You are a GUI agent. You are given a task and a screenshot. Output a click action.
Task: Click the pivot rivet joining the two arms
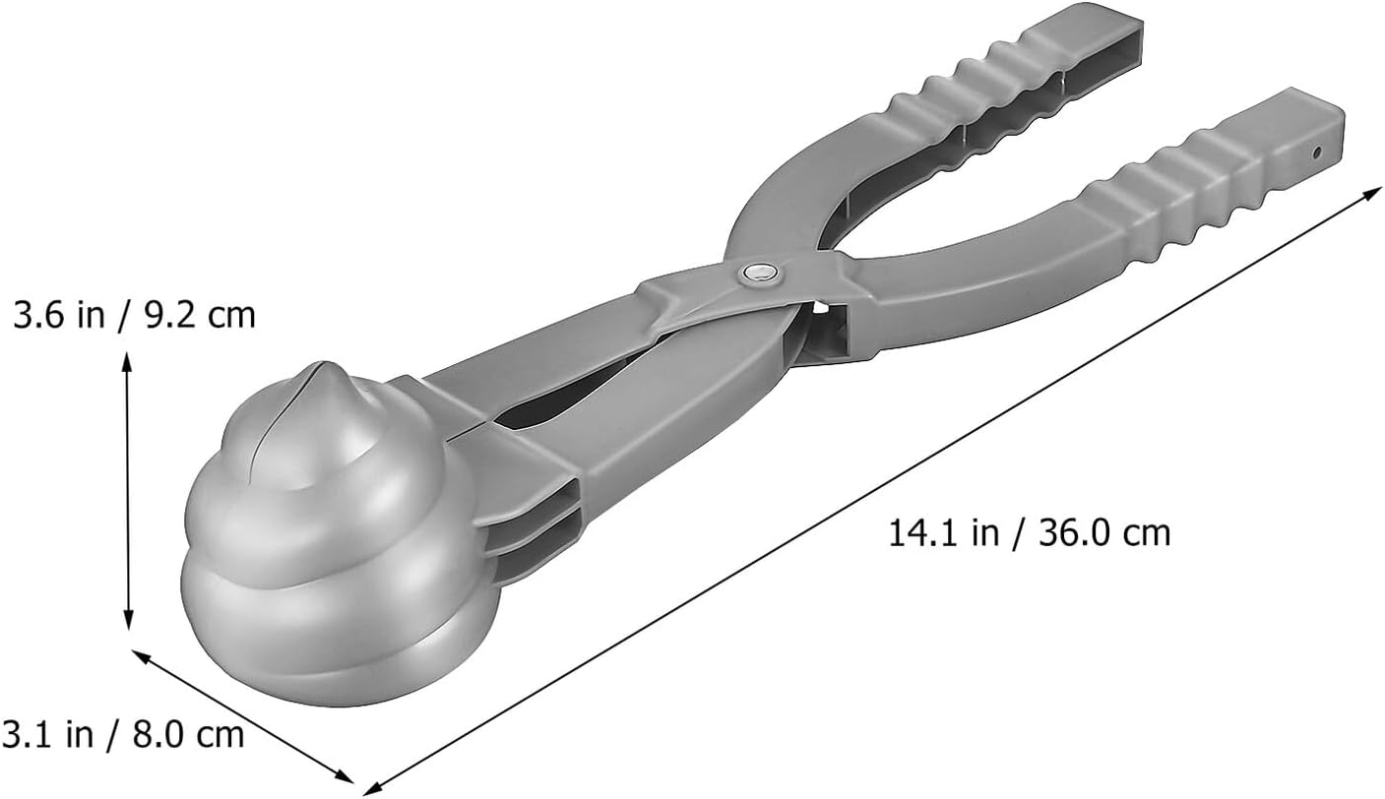coord(760,273)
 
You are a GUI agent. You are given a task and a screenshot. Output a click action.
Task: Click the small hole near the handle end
coord(1316,152)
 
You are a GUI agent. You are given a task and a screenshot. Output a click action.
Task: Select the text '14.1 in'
coord(943,532)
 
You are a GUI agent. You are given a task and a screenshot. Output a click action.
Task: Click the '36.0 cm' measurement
coord(1104,532)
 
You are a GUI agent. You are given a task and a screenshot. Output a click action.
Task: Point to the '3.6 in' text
coord(59,315)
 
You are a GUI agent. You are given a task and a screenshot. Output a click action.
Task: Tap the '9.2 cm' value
coord(200,315)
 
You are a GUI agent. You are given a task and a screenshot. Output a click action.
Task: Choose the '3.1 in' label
coord(47,734)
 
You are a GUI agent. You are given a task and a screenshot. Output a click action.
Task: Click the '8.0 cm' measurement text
coord(189,734)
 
